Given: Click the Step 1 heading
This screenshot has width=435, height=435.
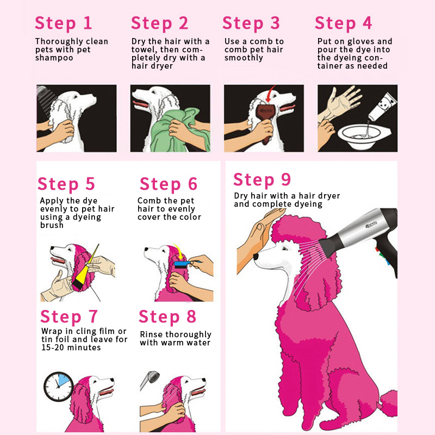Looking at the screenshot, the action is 64,23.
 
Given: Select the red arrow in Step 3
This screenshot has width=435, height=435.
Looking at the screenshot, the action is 270,94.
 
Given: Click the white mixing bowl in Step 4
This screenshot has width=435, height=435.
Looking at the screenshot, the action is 363,136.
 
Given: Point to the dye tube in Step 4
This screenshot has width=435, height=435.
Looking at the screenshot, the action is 383,107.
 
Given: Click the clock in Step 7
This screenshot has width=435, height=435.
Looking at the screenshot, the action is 59,386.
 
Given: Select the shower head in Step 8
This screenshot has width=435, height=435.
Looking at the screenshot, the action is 151,379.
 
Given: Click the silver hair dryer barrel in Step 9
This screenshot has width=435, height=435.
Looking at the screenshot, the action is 361,228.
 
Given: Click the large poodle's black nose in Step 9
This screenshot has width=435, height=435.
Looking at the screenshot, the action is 256,256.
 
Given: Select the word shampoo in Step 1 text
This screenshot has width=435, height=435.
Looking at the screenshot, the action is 54,58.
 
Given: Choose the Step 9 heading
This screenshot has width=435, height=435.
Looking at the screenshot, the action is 262,180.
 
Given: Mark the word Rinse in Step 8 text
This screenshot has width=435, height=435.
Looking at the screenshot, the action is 152,334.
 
